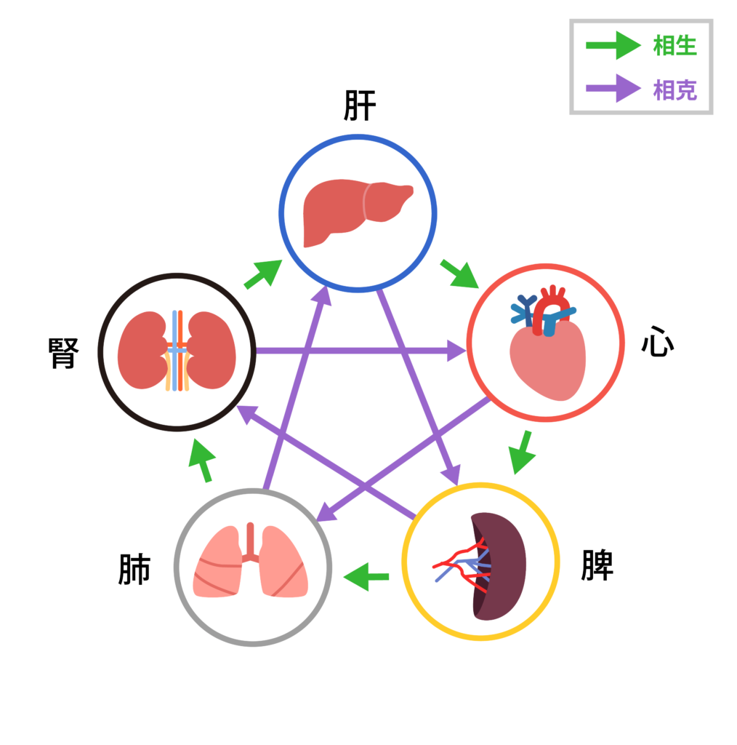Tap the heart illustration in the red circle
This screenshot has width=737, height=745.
tap(547, 359)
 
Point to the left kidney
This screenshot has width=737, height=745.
tap(142, 351)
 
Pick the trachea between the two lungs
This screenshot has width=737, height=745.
tap(251, 542)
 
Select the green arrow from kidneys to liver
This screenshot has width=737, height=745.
tap(262, 274)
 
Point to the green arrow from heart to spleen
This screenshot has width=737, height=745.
tap(522, 453)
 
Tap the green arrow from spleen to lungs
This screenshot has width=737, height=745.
tap(366, 577)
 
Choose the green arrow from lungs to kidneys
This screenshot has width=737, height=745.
tap(203, 461)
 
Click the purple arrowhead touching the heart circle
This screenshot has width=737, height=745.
tap(455, 351)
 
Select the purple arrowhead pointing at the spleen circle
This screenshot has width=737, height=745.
tap(454, 474)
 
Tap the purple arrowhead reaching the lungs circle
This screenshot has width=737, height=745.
tap(326, 513)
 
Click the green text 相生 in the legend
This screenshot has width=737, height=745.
tap(674, 46)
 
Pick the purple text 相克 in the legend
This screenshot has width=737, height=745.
tap(674, 90)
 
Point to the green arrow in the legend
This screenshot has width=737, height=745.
tap(613, 46)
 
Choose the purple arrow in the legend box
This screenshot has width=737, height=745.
tap(613, 89)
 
